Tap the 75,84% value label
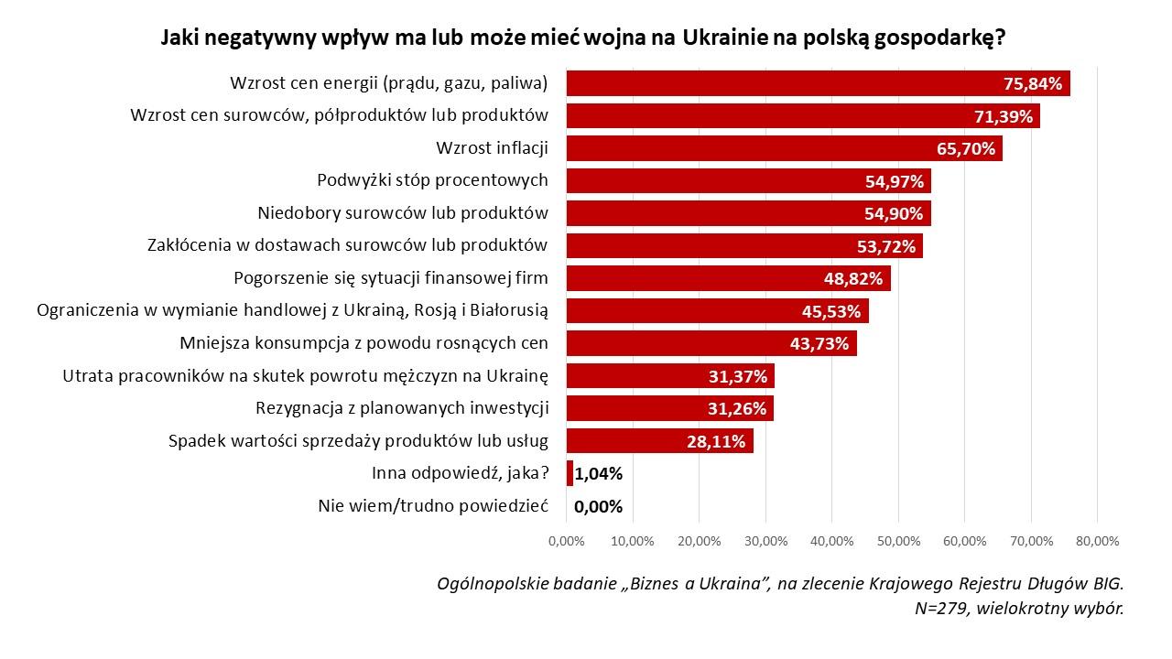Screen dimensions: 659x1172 1033,83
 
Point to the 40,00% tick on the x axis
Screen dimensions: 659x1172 831,541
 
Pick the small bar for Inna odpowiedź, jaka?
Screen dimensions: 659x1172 570,473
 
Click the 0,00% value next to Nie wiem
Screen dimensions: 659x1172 598,506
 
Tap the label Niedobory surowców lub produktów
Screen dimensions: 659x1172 403,213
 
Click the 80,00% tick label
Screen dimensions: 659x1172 1097,541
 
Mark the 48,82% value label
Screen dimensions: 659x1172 853,278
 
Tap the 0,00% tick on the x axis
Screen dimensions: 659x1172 566,541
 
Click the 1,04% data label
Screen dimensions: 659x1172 599,473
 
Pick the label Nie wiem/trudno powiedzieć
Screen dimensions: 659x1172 432,506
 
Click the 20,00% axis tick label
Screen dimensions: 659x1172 699,541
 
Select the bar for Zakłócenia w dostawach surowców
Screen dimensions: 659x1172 696,245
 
